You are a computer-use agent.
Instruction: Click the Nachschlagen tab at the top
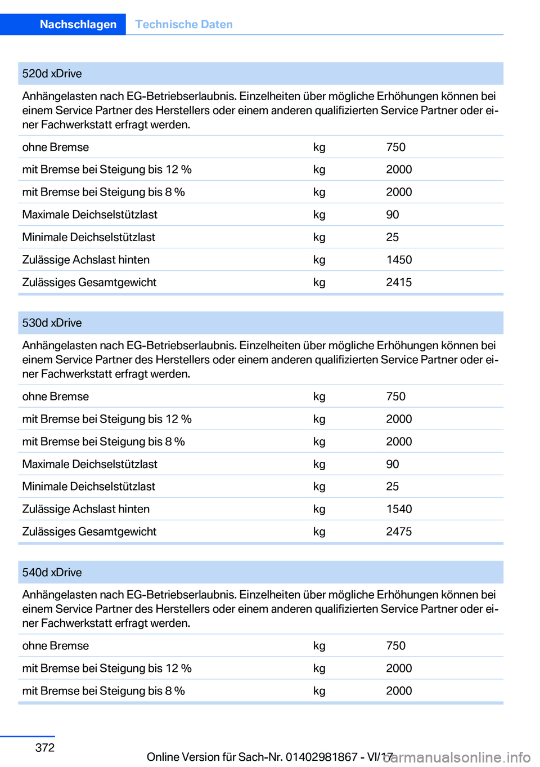78,24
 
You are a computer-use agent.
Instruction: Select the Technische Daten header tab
183,24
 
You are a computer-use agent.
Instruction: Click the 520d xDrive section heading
52,74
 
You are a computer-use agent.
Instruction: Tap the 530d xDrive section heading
52,323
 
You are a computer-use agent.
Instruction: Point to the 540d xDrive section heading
52,573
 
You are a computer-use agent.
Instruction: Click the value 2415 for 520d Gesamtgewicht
399,283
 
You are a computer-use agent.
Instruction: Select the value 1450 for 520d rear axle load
399,260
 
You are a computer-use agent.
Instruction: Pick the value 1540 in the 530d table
399,509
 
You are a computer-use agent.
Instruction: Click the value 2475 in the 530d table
399,532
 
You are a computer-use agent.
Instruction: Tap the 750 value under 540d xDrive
395,646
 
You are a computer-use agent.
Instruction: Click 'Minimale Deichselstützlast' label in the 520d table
88,238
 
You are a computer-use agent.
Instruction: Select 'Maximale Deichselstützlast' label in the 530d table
89,464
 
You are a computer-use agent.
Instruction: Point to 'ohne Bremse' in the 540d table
55,646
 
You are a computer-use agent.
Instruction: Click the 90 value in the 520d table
392,215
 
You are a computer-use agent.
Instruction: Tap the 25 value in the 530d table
392,487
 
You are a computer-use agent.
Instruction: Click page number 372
45,748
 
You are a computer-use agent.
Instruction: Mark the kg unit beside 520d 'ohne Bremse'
319,148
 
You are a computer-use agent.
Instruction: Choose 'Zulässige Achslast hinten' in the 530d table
85,509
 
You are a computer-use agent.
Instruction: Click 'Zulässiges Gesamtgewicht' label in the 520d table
89,283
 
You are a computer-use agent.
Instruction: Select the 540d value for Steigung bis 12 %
399,668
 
